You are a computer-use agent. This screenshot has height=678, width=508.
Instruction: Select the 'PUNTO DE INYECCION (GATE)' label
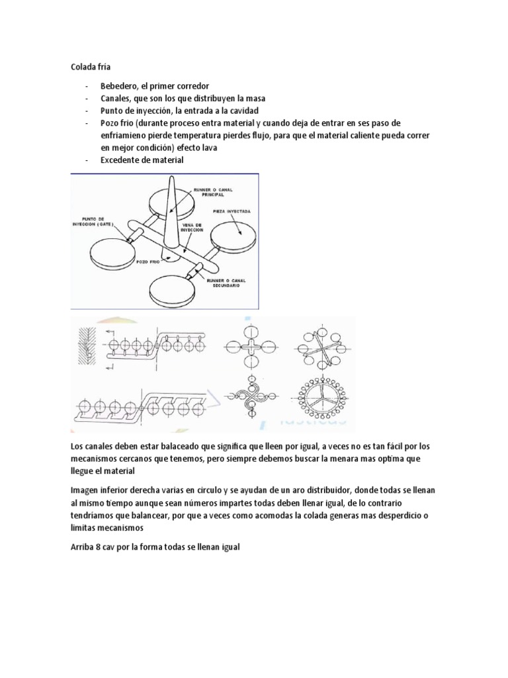98,220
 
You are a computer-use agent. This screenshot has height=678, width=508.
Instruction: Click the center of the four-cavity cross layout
252,346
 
